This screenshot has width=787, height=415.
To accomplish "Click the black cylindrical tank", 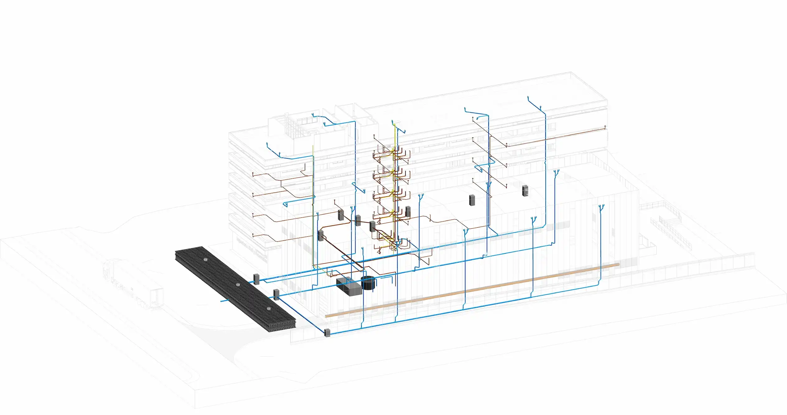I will pos(368,283).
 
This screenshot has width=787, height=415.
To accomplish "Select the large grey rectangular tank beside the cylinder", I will pos(349,287).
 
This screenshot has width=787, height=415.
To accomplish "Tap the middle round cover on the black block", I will pos(238,284).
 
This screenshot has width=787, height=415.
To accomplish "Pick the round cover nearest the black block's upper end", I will pos(205,259).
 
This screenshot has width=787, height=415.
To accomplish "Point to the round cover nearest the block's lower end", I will pos(269,309).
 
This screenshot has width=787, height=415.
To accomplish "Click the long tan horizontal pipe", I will pos(467,291).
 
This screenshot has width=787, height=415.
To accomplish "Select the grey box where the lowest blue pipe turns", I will pos(327,333).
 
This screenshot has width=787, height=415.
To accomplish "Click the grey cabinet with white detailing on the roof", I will pos(525,190).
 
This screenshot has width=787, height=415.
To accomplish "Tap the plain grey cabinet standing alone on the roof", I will pos(472,200).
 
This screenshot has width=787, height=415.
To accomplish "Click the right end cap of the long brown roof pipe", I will pos(605,127).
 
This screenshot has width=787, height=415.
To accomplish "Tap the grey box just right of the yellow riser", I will pos(408,211).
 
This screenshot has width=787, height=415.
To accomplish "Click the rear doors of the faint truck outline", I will pos(157,298).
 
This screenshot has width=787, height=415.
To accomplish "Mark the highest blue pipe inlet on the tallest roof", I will pos(528,98).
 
